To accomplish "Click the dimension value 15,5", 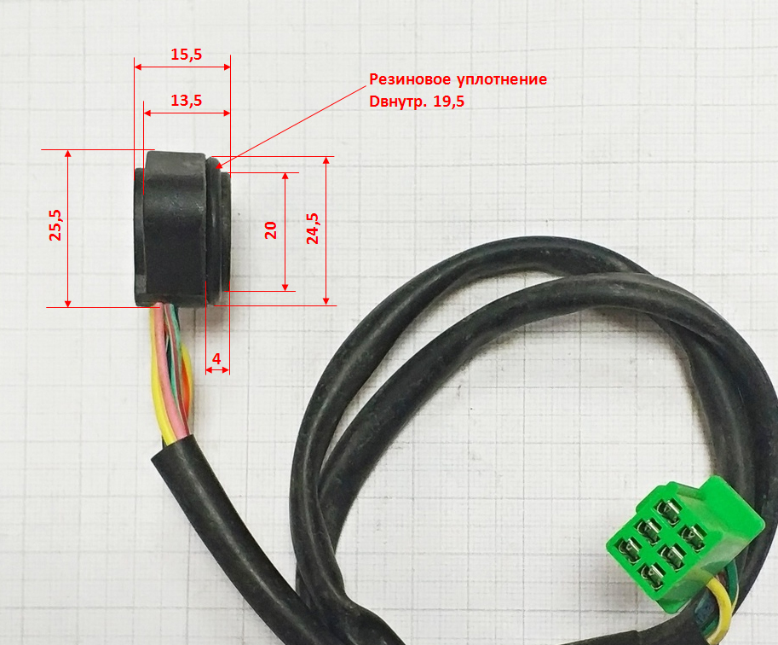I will [186, 55].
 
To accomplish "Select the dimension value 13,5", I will [186, 100].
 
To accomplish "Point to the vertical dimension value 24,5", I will [313, 229].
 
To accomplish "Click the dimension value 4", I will [216, 360].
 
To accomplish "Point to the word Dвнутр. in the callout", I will [399, 101].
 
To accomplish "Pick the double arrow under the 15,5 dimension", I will [182, 67].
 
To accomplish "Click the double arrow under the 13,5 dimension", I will [187, 113].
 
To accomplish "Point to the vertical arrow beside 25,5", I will [69, 229].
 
